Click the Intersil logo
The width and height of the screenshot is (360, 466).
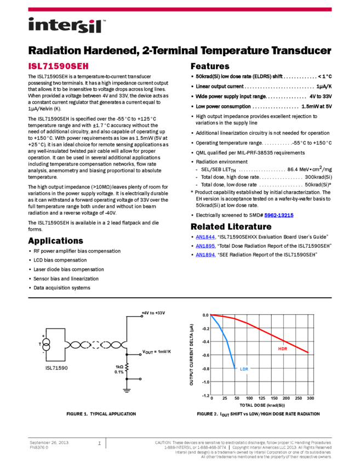pos(67,26)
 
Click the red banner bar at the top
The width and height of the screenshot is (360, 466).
pos(180,9)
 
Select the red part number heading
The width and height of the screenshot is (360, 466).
pos(58,66)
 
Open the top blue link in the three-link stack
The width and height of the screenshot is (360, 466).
pos(205,237)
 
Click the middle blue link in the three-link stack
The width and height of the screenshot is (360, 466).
pos(205,246)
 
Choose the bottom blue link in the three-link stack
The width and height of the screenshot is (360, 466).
pos(205,255)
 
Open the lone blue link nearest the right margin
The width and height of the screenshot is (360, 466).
pos(279,215)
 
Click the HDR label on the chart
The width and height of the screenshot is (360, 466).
pos(282,349)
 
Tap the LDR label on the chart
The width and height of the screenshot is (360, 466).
pos(244,370)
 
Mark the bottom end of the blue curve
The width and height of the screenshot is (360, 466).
pos(235,368)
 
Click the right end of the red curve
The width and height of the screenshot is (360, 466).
pos(307,353)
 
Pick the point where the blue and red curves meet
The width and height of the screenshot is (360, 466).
pos(210,314)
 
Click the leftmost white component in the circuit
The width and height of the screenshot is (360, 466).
pos(46,344)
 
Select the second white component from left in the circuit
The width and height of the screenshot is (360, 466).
pos(65,345)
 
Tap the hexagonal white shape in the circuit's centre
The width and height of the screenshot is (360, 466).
pos(96,345)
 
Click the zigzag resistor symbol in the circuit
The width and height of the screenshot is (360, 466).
pos(127,367)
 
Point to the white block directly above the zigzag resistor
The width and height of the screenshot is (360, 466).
pos(127,345)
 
